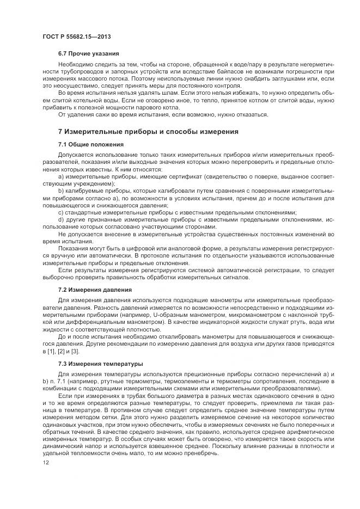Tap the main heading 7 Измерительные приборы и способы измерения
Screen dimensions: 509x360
[x=149, y=132]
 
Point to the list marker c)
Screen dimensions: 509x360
[x=61, y=212]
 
